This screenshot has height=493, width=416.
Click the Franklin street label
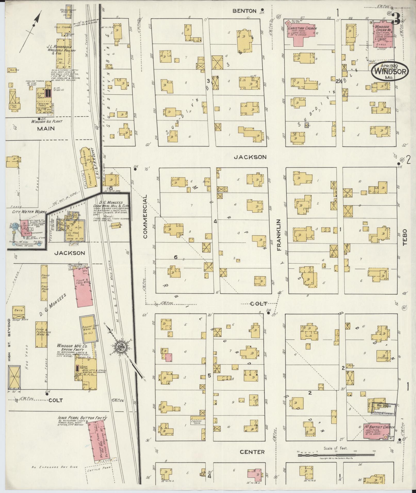pyautogui.click(x=279, y=235)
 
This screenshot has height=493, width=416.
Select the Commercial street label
pyautogui.click(x=145, y=216)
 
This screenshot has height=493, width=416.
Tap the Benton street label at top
pyautogui.click(x=244, y=11)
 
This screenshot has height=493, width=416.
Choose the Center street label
pyautogui.click(x=252, y=452)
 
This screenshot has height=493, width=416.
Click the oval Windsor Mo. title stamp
pyautogui.click(x=390, y=71)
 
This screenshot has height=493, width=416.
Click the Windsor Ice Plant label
pyautogui.click(x=47, y=121)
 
